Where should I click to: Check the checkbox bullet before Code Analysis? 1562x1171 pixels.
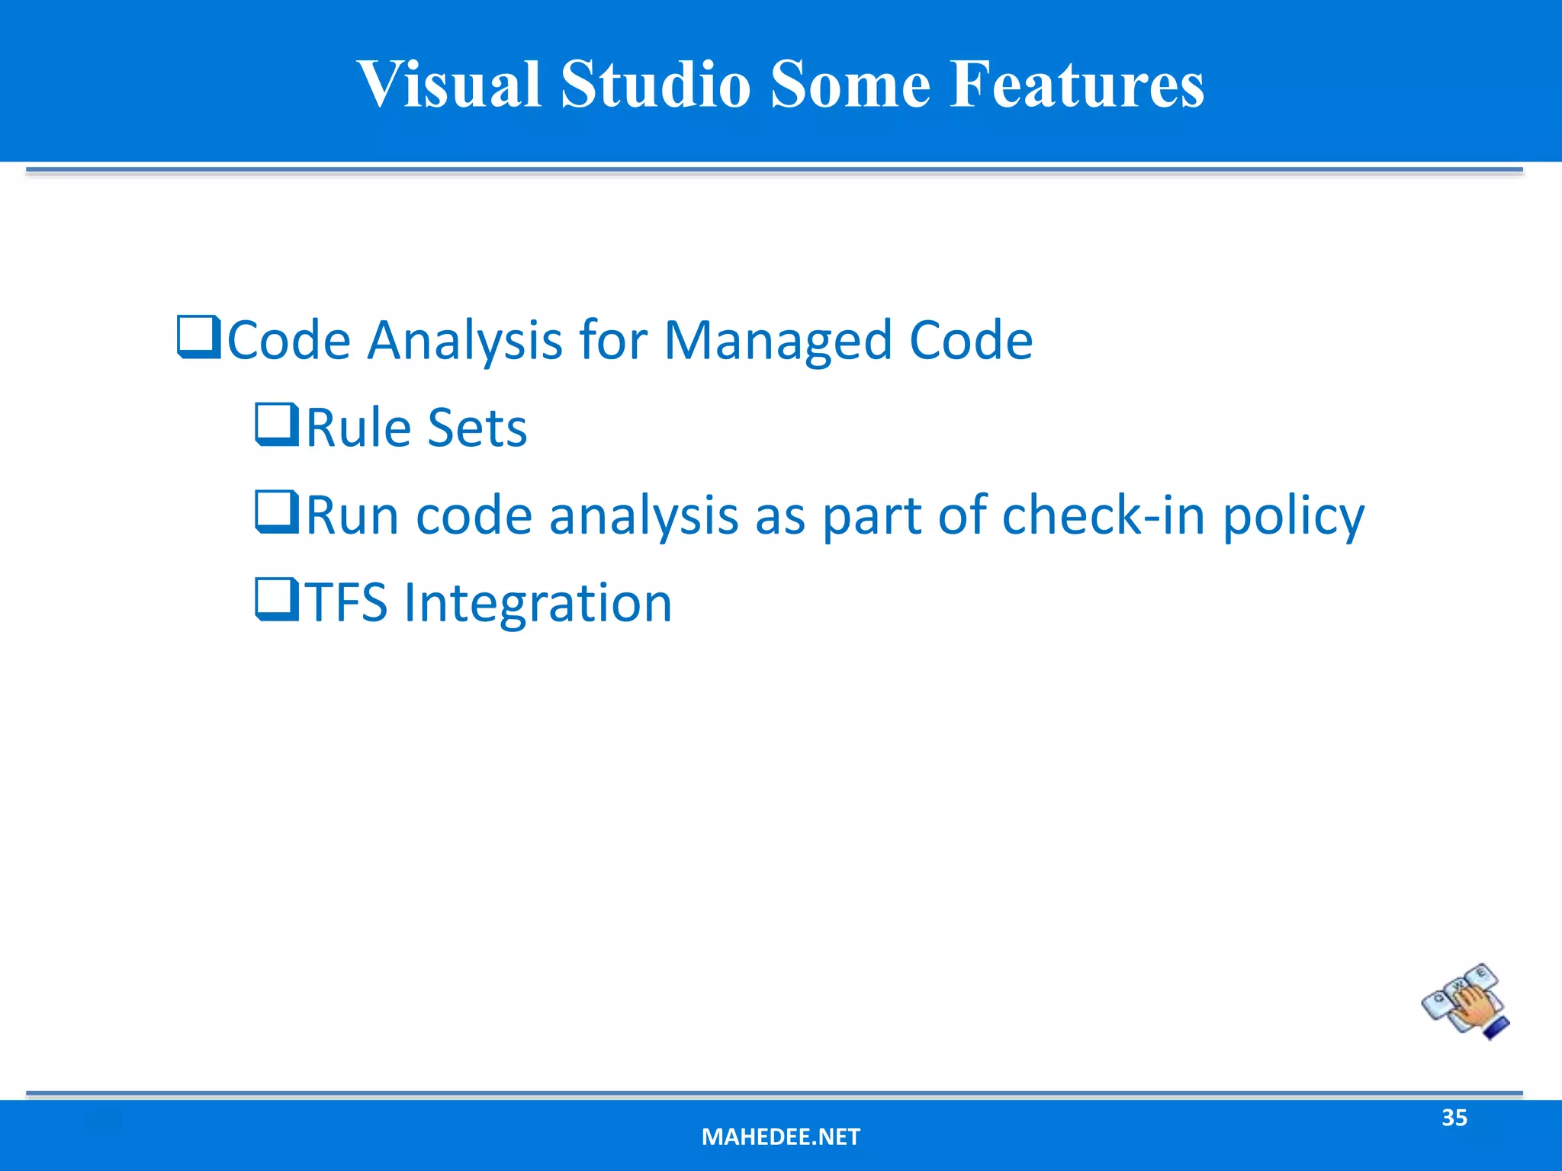point(198,337)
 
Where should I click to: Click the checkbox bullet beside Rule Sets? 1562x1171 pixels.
point(277,425)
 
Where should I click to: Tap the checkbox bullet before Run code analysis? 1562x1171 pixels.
point(277,512)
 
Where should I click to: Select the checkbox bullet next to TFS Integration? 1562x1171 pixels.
point(277,600)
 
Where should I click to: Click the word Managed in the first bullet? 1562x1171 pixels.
point(778,341)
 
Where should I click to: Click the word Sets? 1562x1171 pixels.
point(477,428)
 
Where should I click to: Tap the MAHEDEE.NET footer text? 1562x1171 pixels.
point(780,1137)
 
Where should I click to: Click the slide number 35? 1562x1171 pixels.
point(1454,1118)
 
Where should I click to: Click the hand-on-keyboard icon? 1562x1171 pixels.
point(1465,1001)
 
